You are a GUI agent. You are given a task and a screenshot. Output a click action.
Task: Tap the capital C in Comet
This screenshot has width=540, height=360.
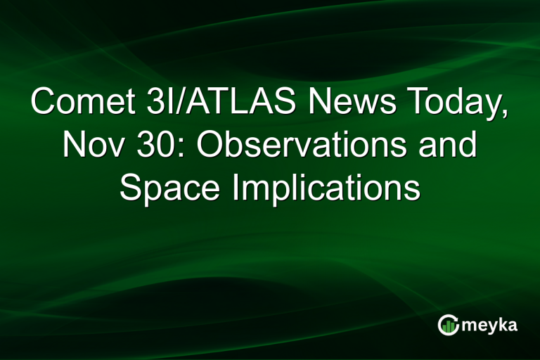point(43,103)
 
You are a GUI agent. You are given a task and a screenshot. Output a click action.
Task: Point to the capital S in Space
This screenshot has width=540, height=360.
point(131,188)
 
